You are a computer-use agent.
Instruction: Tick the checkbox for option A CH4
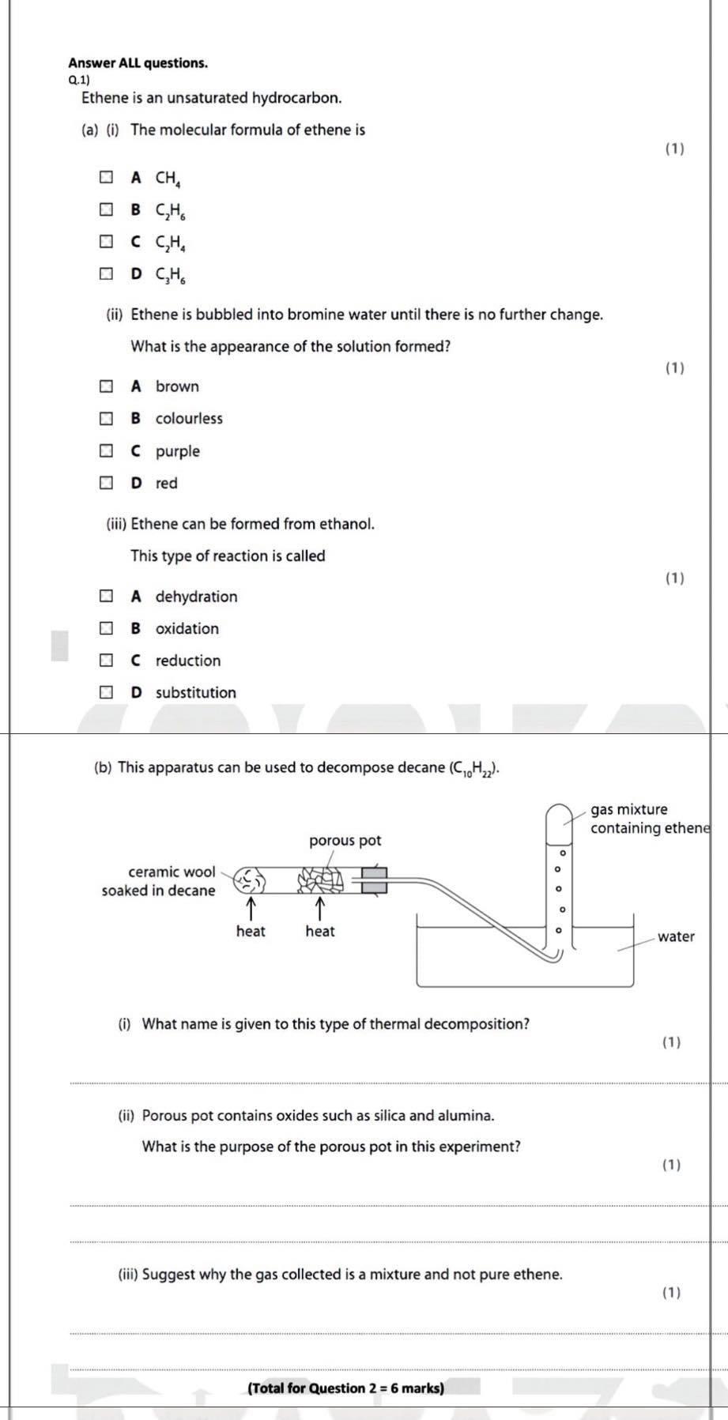(106, 177)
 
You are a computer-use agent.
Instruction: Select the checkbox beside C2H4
(106, 242)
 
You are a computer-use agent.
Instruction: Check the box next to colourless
(106, 419)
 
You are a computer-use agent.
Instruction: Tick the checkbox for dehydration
(106, 597)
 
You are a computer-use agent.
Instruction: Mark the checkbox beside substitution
(106, 693)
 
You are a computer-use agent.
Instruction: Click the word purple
(177, 451)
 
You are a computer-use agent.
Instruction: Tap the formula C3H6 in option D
(171, 275)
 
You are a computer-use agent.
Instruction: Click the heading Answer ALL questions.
(138, 62)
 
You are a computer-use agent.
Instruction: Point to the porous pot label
(345, 840)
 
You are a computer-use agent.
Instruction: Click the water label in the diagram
(676, 936)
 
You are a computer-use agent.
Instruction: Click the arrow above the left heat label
(251, 906)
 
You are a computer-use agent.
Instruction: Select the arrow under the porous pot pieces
(319, 906)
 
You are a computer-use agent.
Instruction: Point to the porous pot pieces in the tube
(319, 879)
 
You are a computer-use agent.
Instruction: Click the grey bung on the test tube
(375, 879)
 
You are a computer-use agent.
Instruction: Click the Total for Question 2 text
(345, 1388)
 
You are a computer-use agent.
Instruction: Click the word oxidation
(187, 629)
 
